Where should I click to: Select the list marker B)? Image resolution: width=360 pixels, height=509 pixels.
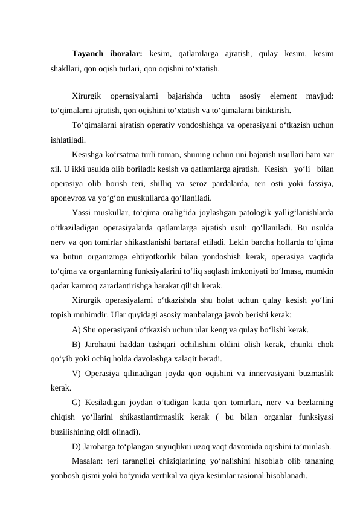(x=76, y=345)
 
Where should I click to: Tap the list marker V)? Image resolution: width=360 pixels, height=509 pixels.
(x=77, y=374)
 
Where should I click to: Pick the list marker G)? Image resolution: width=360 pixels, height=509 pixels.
(x=77, y=402)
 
